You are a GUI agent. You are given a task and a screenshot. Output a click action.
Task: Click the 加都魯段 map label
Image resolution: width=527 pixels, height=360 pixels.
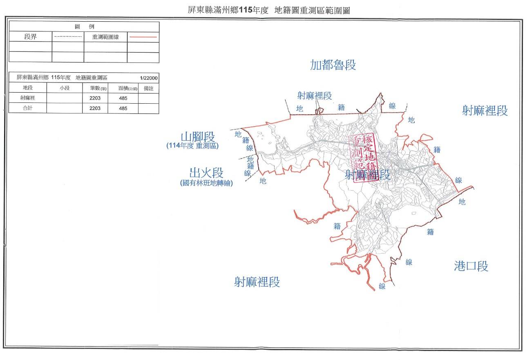point(333,65)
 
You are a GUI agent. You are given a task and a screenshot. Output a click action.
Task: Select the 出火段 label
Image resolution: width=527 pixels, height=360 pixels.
point(206,173)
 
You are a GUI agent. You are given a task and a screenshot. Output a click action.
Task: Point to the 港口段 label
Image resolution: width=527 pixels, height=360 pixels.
point(471,267)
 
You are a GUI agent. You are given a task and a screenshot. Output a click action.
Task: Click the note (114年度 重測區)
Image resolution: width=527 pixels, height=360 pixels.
point(192,146)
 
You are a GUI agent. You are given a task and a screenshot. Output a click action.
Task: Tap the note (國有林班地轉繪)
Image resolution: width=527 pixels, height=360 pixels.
point(206,183)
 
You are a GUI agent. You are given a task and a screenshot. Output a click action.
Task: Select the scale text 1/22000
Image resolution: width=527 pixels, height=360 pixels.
point(148,78)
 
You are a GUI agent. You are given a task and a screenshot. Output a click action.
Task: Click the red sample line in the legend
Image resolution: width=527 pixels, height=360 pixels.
point(143,37)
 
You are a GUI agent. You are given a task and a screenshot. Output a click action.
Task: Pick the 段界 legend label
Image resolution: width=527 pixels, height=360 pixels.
point(31,37)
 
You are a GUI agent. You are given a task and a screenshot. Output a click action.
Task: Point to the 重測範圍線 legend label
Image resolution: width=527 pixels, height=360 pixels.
point(105,37)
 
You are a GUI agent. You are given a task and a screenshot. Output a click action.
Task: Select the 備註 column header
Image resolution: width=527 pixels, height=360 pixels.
point(149,88)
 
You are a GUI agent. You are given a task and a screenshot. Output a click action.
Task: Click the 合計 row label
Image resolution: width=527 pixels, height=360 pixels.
point(28,108)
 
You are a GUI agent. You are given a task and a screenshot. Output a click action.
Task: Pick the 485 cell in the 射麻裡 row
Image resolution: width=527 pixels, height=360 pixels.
point(123,98)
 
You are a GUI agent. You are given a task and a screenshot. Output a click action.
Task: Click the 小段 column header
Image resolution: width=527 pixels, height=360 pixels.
point(65,88)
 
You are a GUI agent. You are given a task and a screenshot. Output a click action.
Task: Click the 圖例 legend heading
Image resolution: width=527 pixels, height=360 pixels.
point(84,27)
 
